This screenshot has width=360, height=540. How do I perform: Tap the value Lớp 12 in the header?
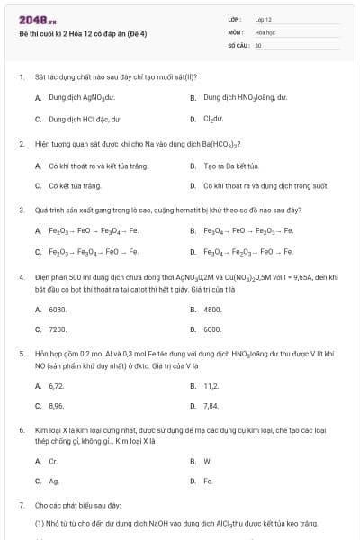click(x=264, y=19)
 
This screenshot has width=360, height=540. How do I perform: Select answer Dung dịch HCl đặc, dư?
click(x=84, y=118)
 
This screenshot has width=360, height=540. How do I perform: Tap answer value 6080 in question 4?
click(x=58, y=309)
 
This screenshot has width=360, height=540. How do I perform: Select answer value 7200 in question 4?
click(x=58, y=329)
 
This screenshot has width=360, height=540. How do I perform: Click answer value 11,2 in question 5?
click(x=211, y=385)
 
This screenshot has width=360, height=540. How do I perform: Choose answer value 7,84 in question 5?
click(x=211, y=406)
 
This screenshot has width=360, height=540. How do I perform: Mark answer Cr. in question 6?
click(x=53, y=461)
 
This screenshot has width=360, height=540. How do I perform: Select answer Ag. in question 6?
click(x=54, y=481)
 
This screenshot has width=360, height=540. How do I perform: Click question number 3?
click(x=21, y=209)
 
